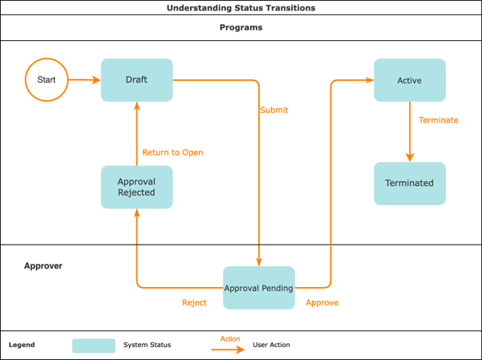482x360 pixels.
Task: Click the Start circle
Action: (47, 79)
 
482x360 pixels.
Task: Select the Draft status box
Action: (136, 79)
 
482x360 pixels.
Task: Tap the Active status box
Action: (409, 80)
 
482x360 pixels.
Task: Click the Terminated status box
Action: (409, 183)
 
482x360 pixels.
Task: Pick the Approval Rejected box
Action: (136, 187)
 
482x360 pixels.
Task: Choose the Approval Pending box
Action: (258, 288)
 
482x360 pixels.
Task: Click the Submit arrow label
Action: (273, 110)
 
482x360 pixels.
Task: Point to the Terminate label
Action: (438, 120)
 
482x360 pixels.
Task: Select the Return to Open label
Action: (172, 152)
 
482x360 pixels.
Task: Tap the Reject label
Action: (194, 303)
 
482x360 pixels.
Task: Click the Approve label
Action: (322, 303)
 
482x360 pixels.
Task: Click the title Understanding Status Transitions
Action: (241, 8)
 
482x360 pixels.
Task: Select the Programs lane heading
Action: (241, 27)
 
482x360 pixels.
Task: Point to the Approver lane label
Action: (43, 265)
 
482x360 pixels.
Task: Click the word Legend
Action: (22, 345)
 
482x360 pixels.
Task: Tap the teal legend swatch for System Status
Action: (94, 346)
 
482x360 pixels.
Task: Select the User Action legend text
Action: (271, 345)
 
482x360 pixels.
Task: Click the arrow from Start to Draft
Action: (84, 79)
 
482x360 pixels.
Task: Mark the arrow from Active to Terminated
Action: (410, 131)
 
